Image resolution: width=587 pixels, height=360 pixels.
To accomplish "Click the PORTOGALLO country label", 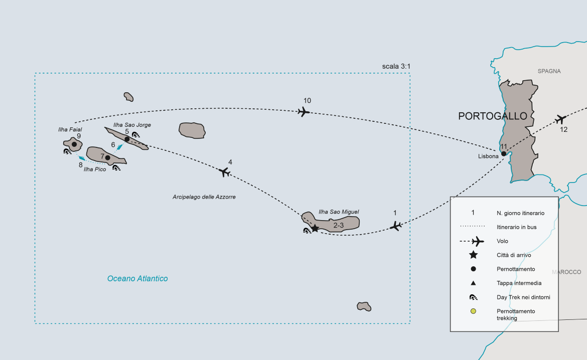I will tap(493, 116).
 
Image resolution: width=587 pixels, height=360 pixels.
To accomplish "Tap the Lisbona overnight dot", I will tap(504, 153).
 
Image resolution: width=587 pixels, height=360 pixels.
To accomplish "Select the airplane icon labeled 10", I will tap(303, 112).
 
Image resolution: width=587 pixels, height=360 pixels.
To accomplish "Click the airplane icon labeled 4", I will tap(224, 172).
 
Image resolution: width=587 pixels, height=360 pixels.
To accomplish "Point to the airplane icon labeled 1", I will tap(396, 226).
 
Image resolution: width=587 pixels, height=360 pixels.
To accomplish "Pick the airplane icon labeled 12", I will tap(561, 119).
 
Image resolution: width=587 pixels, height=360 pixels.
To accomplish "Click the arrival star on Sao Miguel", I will tap(315, 228).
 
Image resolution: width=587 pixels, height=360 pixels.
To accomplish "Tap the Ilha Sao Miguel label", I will tap(339, 212).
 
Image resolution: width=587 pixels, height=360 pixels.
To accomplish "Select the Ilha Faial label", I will tap(70, 129).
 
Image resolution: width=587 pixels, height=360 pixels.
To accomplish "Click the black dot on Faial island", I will tap(74, 144).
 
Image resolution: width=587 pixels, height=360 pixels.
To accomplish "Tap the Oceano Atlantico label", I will tap(137, 279).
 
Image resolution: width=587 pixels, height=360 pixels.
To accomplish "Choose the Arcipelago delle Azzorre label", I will tap(204, 197).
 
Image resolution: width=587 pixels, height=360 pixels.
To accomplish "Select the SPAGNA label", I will tap(549, 71).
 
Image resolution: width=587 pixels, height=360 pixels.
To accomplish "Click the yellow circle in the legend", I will tap(473, 311).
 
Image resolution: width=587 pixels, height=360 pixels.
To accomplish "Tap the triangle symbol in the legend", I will tap(473, 283).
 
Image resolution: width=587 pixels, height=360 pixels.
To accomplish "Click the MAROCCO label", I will tap(566, 272).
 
